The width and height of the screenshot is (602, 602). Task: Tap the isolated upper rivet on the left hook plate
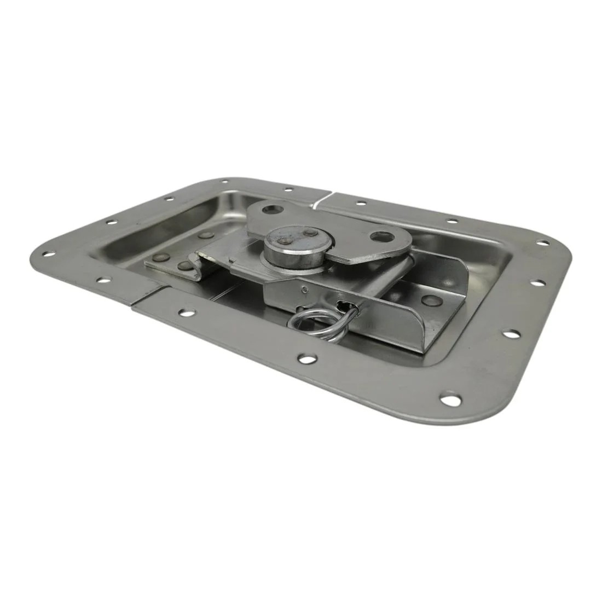pyautogui.click(x=207, y=235)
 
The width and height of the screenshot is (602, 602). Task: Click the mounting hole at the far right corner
pyautogui.click(x=545, y=242)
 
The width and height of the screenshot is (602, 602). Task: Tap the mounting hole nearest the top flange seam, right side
pyautogui.click(x=361, y=203)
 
